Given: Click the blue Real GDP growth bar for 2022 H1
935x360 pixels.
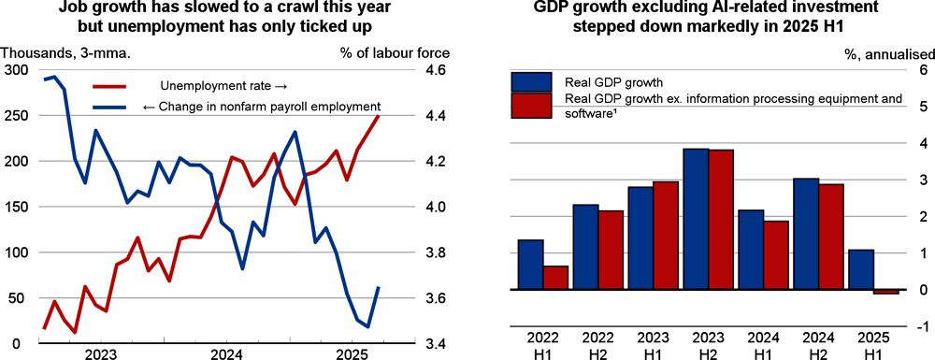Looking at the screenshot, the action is (x=530, y=265).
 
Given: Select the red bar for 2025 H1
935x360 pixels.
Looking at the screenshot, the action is (x=886, y=292).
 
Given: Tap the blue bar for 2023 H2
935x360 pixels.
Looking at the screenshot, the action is (x=696, y=220).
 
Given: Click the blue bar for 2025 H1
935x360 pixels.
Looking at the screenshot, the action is (x=860, y=269).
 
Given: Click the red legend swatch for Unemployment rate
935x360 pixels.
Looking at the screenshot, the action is (x=109, y=86).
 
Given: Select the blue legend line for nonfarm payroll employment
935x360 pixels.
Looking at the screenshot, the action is (x=109, y=107).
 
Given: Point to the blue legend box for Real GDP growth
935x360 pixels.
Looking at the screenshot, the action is (x=531, y=81).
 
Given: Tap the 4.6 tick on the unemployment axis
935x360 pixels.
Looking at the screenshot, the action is (x=437, y=70).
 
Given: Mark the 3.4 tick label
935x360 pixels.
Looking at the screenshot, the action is (x=437, y=344).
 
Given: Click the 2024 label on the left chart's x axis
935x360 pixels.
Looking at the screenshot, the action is (x=226, y=353).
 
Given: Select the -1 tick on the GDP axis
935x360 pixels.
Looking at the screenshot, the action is (x=923, y=326).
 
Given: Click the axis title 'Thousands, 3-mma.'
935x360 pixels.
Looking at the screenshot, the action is (x=66, y=53).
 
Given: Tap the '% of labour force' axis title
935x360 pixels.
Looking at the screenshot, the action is (x=395, y=53).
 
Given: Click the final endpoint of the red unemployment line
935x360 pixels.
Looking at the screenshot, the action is (x=379, y=116).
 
